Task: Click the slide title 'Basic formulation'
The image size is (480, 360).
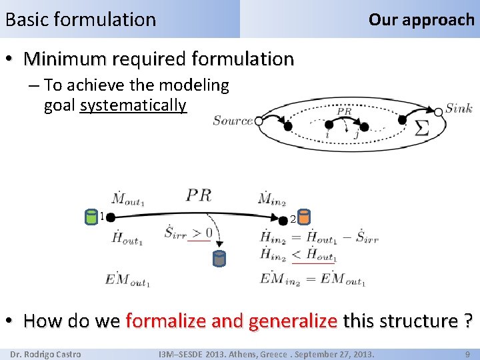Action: click(x=80, y=19)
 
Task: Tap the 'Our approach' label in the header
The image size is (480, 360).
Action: click(x=421, y=19)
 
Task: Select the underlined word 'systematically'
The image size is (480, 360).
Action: click(x=133, y=105)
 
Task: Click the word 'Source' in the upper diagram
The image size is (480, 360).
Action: click(x=233, y=121)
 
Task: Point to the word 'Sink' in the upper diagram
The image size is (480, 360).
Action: click(x=459, y=108)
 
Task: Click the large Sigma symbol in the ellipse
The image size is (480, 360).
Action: click(x=421, y=129)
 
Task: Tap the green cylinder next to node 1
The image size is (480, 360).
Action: click(x=91, y=216)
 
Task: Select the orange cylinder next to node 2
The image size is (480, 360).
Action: click(x=303, y=217)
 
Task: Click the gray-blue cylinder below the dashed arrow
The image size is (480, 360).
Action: click(x=219, y=258)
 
